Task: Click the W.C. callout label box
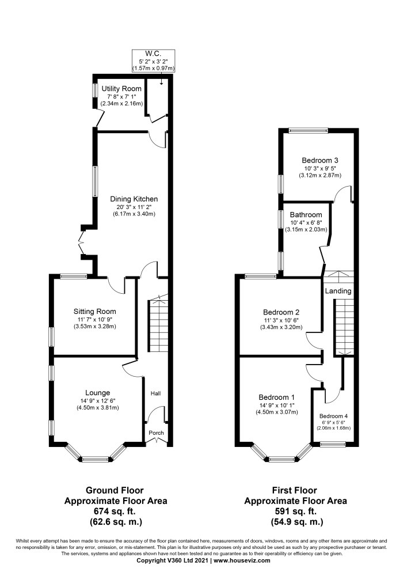pos(153,60)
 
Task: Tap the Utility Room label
pos(121,89)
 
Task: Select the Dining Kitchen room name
pos(134,199)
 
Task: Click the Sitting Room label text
pos(94,312)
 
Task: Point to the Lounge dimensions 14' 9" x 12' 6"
pos(98,401)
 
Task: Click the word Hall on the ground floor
pos(155,393)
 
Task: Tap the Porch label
pos(156,433)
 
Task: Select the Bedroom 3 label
pos(320,161)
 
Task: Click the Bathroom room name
pos(306,215)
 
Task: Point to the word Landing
pos(338,291)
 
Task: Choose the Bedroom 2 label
pos(281,312)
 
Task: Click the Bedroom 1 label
pos(277,397)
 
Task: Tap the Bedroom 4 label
pos(333,416)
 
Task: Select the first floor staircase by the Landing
pos(344,327)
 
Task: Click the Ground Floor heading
pos(115,490)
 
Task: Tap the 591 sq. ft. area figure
pos(295,511)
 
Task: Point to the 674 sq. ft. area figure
pos(116,511)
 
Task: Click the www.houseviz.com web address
pos(242,560)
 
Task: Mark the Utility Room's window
pos(94,91)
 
